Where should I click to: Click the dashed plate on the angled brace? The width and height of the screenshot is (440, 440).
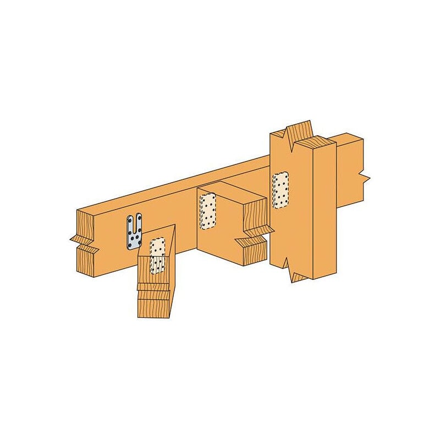[x=158, y=255]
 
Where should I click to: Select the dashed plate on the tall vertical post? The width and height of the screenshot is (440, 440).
[x=280, y=190]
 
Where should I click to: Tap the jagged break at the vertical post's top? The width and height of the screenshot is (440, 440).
[x=298, y=132]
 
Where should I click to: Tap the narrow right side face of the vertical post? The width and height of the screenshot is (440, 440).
[x=324, y=209]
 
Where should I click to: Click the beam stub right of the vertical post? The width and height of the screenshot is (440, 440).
[x=349, y=170]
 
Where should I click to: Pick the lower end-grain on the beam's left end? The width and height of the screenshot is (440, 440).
[x=85, y=261]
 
